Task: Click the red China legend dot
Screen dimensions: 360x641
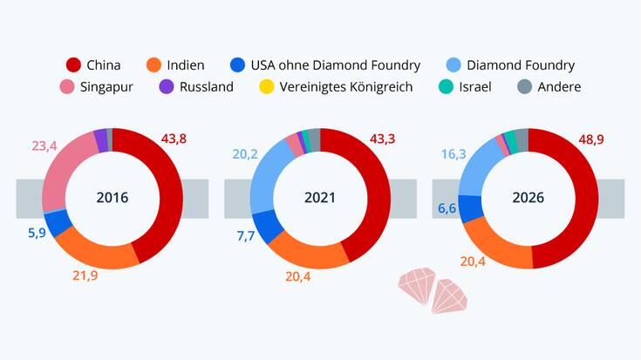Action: point(73,65)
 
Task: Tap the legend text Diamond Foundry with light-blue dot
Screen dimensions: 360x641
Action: point(521,65)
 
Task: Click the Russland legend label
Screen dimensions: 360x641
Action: point(206,86)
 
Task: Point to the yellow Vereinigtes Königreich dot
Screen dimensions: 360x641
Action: point(267,86)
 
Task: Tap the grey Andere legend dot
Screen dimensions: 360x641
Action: point(524,86)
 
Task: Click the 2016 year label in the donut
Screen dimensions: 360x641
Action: point(112,198)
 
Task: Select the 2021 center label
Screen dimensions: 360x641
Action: point(320,198)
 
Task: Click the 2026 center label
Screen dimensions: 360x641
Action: point(528,198)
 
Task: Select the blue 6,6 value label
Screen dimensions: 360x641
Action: point(446,209)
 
